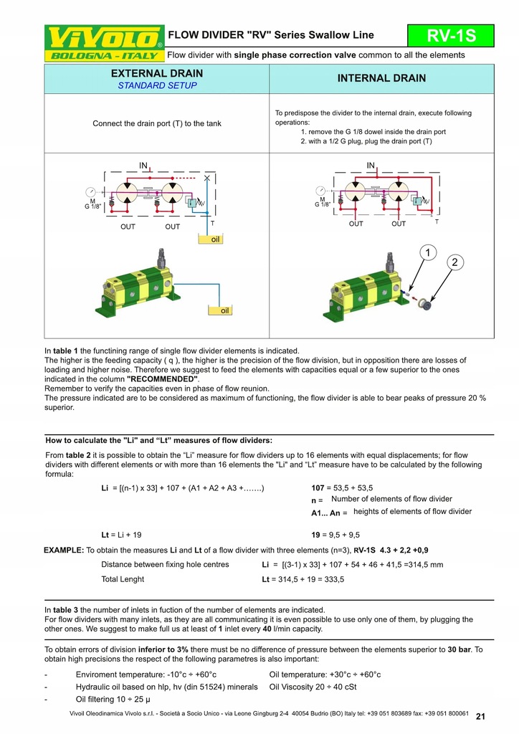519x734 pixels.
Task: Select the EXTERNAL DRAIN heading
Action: point(156,73)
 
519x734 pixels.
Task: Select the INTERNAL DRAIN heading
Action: point(381,78)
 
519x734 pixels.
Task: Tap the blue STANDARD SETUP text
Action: point(156,86)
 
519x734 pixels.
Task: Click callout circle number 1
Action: point(427,252)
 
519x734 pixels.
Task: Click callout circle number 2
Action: point(454,262)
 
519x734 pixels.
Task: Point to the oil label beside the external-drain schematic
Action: point(214,239)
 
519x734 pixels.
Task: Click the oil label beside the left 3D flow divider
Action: point(224,310)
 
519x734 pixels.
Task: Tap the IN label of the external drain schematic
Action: point(143,166)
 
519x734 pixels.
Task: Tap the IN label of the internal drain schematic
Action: point(371,166)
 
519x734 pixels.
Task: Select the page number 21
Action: point(480,716)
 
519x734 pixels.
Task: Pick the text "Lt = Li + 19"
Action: point(121,535)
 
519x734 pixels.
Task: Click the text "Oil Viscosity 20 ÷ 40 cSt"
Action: point(314,687)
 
